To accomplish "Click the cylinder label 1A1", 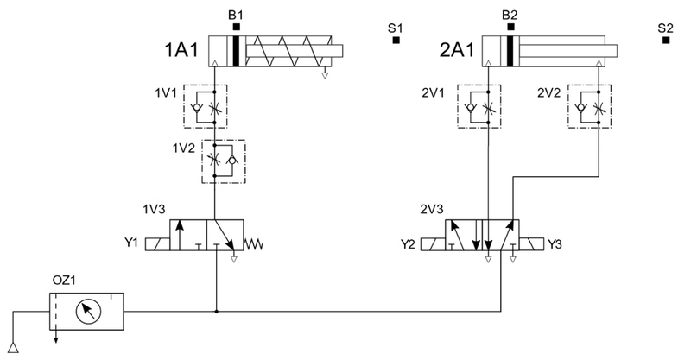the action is click(x=181, y=50).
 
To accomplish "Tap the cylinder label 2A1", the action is click(x=457, y=50).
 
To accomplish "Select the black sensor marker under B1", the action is click(x=237, y=28).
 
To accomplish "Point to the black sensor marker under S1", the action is click(x=396, y=40).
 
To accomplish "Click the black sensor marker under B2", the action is click(x=510, y=28).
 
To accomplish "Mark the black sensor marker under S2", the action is click(x=666, y=40).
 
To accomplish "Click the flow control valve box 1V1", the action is click(x=206, y=107).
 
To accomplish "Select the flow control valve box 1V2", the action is click(x=224, y=161).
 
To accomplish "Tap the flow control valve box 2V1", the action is click(x=479, y=107).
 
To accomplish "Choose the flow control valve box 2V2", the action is click(x=590, y=107).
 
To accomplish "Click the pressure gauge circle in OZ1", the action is click(x=88, y=311).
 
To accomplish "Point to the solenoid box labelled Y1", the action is click(x=157, y=244).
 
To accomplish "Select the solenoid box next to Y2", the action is click(x=433, y=244).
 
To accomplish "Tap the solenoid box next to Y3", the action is click(x=531, y=244).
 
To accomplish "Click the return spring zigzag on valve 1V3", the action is click(x=253, y=244).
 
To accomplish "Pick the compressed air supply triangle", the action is click(x=13, y=348).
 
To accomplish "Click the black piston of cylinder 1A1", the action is click(x=236, y=51).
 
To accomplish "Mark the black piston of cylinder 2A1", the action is click(x=510, y=51).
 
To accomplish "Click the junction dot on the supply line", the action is click(x=217, y=312).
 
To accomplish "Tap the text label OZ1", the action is click(x=64, y=281).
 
